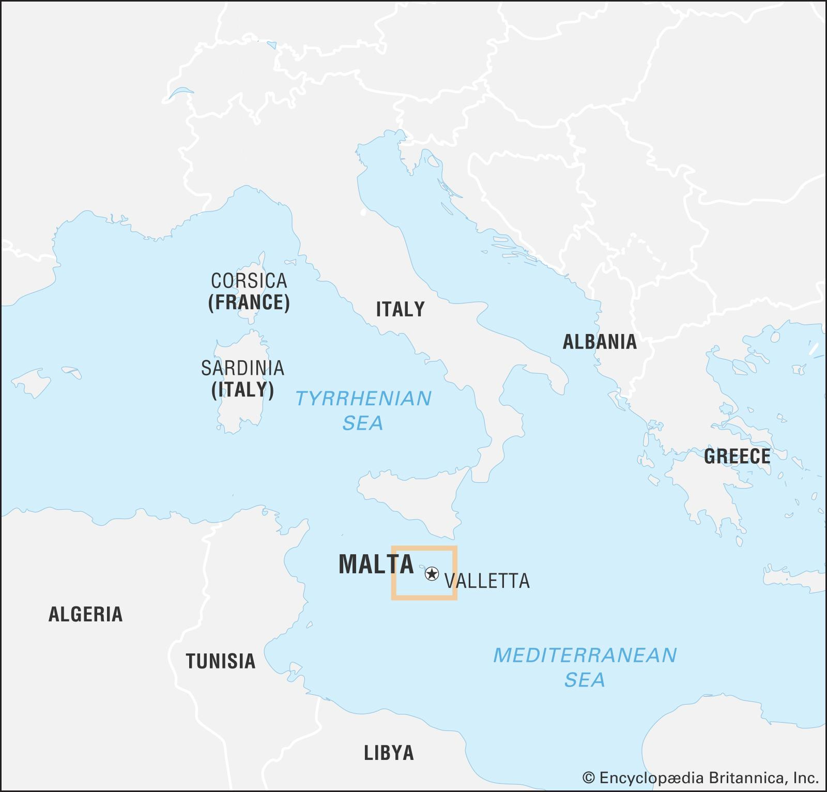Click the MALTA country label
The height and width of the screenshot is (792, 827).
376,564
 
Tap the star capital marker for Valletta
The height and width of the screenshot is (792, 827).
432,573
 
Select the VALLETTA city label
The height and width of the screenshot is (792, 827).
487,581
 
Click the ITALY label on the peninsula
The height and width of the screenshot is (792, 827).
400,309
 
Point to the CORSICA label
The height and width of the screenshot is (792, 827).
249,281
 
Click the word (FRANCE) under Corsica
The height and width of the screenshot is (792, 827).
249,302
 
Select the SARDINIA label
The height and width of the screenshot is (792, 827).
242,368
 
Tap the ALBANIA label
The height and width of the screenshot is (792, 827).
599,342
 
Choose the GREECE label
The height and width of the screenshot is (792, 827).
737,456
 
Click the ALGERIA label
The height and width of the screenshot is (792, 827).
85,614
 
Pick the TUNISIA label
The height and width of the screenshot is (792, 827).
221,661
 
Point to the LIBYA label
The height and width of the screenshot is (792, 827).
389,753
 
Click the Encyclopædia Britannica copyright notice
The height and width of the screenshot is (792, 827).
700,778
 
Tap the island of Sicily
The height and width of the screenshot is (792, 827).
413,496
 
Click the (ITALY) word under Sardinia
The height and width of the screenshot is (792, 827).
242,390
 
